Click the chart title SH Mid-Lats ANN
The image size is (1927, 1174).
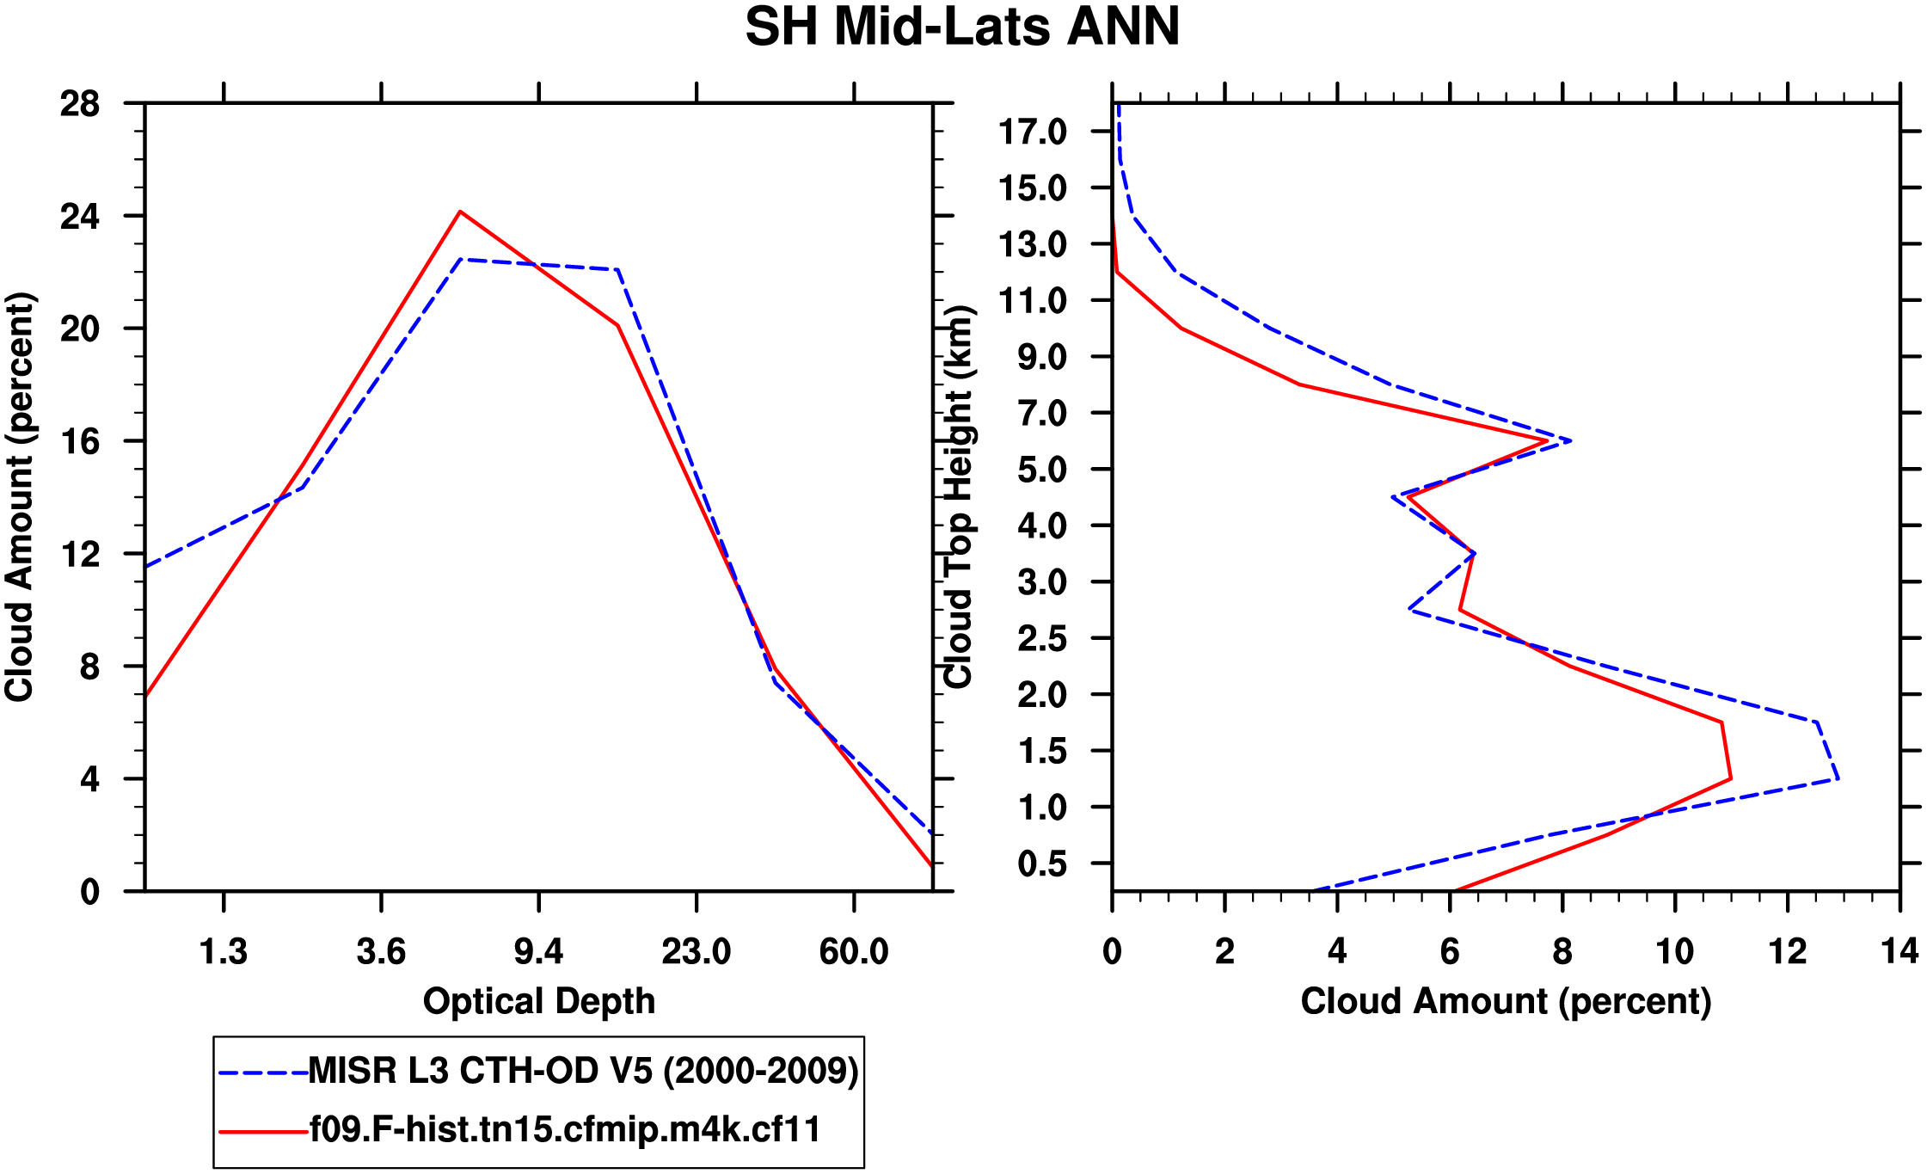[962, 28]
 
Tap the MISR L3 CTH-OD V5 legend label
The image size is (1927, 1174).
[583, 1071]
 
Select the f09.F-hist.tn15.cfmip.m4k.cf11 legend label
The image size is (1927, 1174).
[565, 1129]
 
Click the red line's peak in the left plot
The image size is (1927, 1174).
[460, 212]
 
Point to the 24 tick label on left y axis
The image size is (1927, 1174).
[80, 217]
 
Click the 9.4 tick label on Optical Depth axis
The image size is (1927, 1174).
[538, 952]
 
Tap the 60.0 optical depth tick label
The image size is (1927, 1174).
[853, 952]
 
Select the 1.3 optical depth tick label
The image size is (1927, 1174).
[224, 952]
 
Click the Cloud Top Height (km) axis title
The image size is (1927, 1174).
[958, 497]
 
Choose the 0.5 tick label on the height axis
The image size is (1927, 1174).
[1042, 864]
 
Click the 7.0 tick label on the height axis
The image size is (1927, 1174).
[1042, 414]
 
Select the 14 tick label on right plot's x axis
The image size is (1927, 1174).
[1899, 952]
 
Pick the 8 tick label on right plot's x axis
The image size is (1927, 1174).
[1562, 952]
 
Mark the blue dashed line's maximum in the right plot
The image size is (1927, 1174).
[1838, 779]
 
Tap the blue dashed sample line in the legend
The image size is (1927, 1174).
[263, 1073]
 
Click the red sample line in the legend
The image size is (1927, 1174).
[263, 1131]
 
